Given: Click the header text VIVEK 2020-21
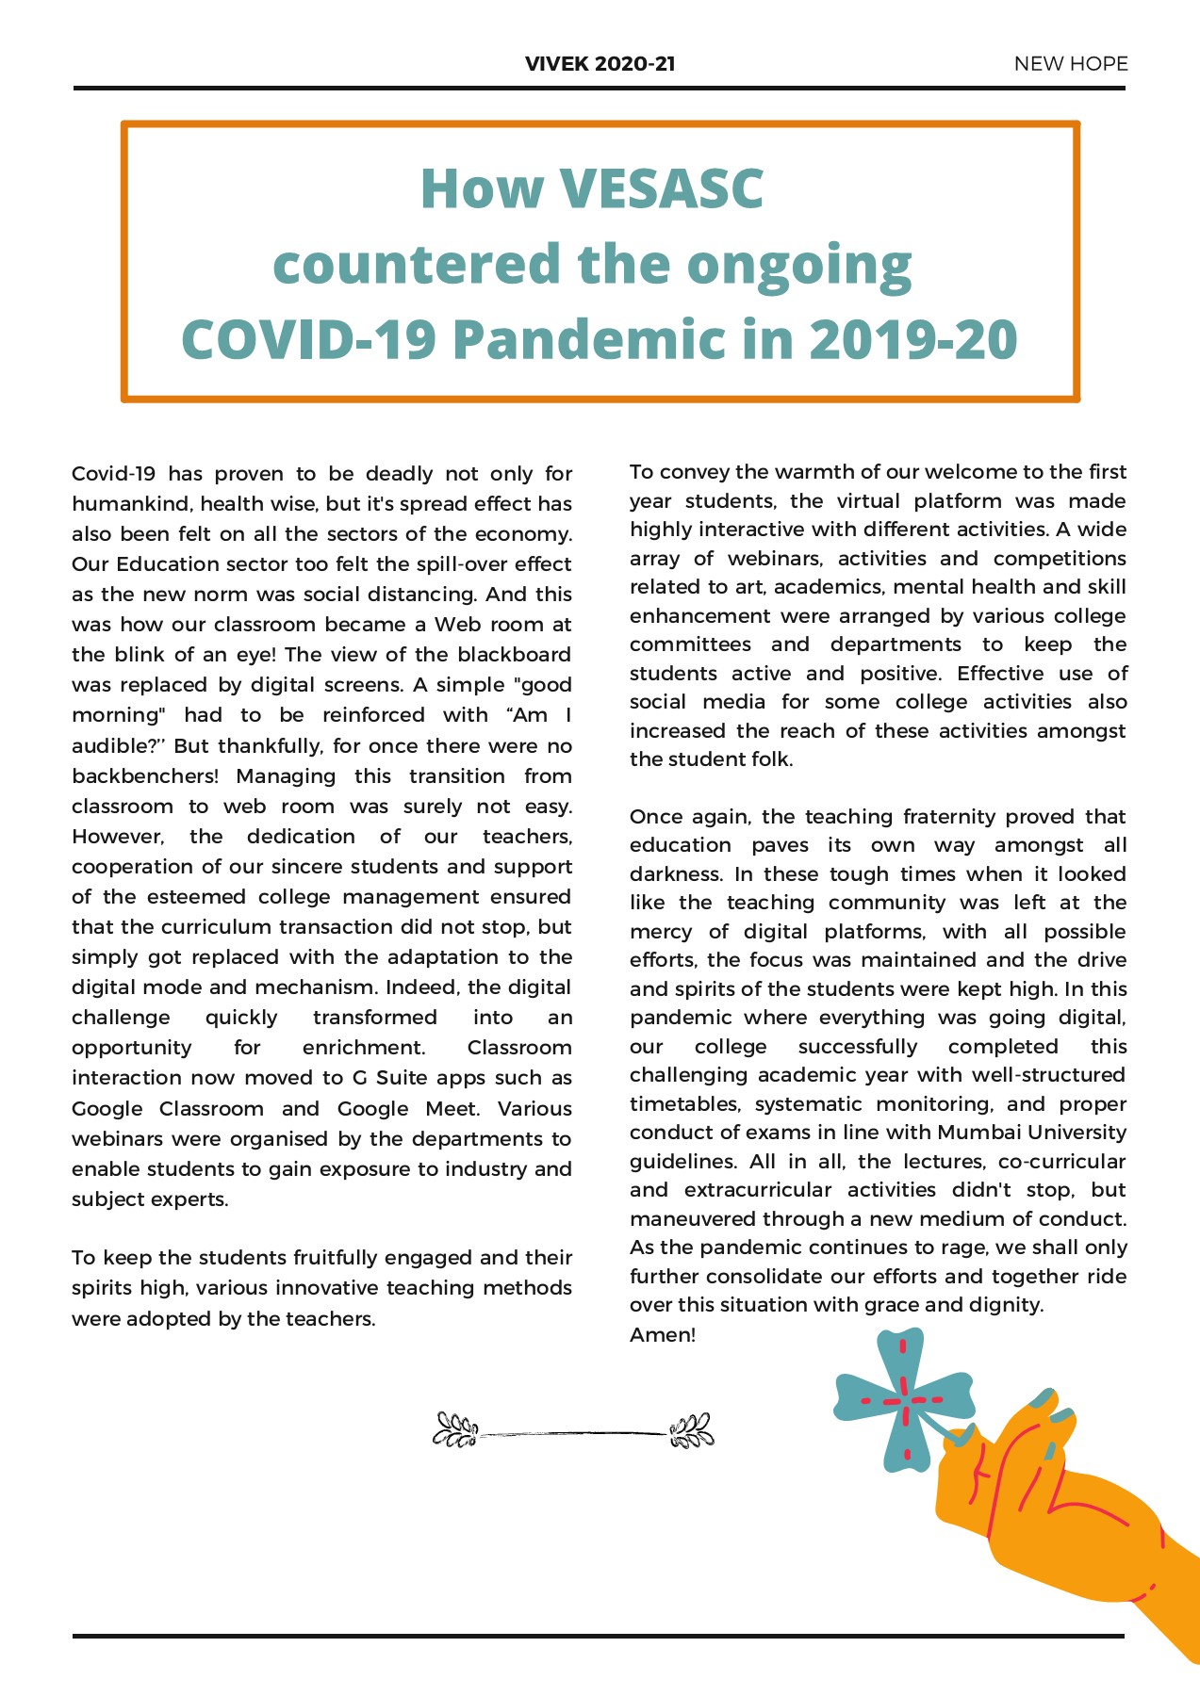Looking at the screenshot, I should tap(600, 64).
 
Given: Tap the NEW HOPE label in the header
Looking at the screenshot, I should tap(1070, 64).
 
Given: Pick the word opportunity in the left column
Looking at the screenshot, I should tap(131, 1048).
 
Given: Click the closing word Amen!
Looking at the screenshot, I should tap(662, 1335).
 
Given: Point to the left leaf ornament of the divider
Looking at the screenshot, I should tap(455, 1429).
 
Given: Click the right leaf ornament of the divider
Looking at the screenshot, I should tap(691, 1430).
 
